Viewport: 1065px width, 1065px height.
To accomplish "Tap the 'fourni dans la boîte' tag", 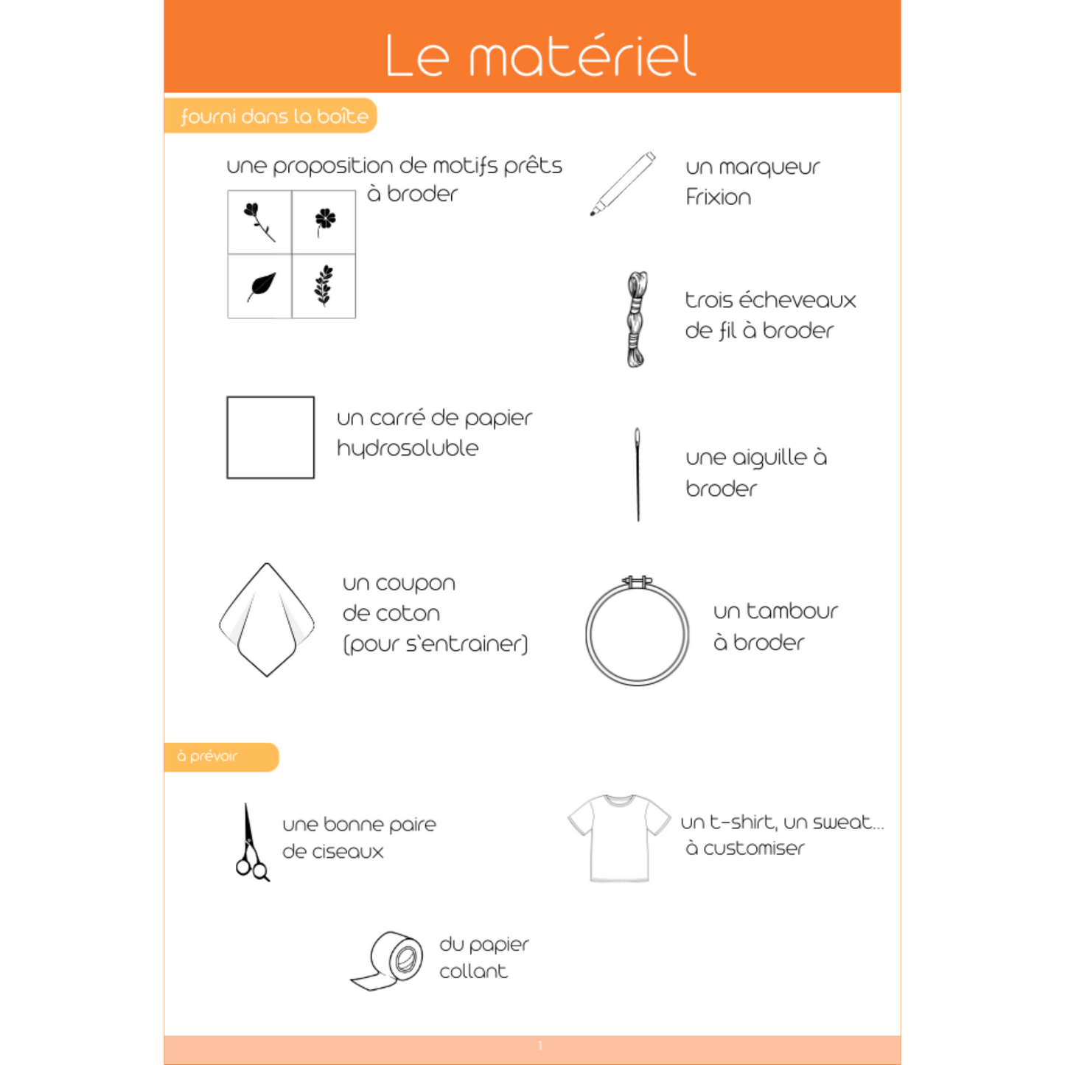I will click(x=273, y=116).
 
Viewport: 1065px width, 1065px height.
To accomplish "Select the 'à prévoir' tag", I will click(x=208, y=756).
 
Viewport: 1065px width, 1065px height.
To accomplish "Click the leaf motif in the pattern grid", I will click(x=262, y=286).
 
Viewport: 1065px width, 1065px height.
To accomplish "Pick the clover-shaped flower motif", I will click(x=324, y=220).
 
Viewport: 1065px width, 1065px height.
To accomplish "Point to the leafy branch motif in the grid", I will click(x=324, y=285).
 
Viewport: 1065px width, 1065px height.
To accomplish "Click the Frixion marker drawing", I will click(x=623, y=184).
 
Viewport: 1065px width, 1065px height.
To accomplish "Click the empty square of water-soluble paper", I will click(x=270, y=437).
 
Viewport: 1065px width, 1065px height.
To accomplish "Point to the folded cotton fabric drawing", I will click(x=267, y=619).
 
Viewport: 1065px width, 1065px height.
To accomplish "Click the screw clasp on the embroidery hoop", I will click(x=637, y=582).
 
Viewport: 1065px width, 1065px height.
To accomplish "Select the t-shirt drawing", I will click(x=619, y=837).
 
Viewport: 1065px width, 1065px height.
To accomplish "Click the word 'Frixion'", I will click(x=718, y=198).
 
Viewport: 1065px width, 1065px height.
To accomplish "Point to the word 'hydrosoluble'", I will click(x=408, y=449).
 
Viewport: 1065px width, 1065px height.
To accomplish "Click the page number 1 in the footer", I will click(x=540, y=1046).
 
